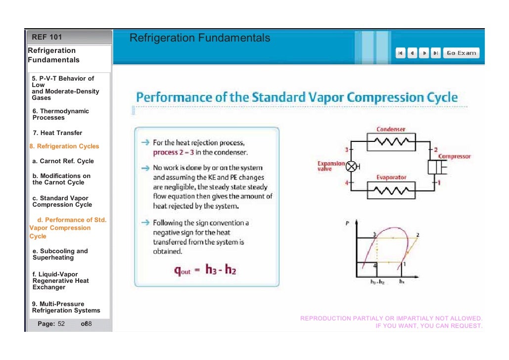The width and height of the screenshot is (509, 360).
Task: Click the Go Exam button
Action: [x=461, y=53]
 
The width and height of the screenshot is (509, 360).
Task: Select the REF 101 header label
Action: [x=47, y=37]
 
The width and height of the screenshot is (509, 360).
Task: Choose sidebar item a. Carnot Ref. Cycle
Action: [x=63, y=161]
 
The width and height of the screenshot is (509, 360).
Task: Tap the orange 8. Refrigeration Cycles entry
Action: [x=64, y=146]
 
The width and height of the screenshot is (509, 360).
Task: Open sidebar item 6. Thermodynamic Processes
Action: [x=60, y=114]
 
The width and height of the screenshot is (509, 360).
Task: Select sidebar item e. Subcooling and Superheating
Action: [x=60, y=254]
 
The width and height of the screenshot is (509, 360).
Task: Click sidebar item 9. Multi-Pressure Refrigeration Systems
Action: [x=66, y=307]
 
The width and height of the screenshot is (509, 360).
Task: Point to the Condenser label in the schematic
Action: [x=391, y=130]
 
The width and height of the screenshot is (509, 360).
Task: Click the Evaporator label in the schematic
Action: [x=391, y=177]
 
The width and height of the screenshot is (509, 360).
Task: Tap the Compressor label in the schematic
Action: [x=454, y=157]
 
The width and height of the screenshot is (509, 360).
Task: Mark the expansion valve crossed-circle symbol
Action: [x=352, y=167]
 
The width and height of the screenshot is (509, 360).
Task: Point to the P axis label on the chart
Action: [x=348, y=223]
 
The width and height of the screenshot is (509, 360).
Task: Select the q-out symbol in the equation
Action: [x=182, y=270]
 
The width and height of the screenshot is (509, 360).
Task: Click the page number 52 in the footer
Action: [x=61, y=324]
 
